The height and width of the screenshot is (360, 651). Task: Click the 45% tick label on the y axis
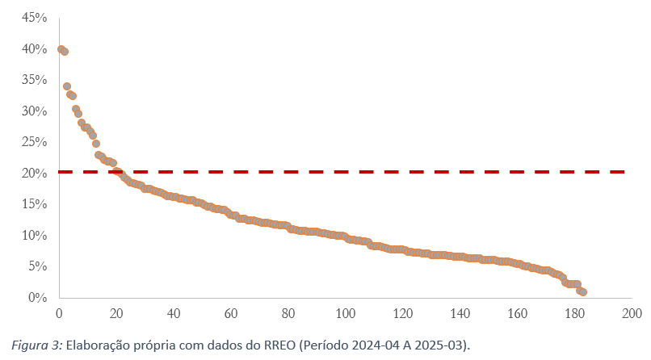pos(34,18)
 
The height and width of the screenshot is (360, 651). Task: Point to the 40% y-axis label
pos(34,49)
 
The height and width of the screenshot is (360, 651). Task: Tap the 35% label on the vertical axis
pos(34,80)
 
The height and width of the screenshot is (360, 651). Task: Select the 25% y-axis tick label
pos(34,142)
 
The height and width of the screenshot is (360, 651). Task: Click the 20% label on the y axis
pos(34,174)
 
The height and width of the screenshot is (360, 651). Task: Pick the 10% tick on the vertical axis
pos(34,236)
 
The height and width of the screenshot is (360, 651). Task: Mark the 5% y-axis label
pos(37,266)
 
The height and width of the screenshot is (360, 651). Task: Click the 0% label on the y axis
pos(37,298)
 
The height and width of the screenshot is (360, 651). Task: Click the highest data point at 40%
pos(61,49)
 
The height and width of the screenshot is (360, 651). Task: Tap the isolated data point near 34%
pos(67,86)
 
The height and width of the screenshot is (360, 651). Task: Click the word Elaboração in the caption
pos(98,345)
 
